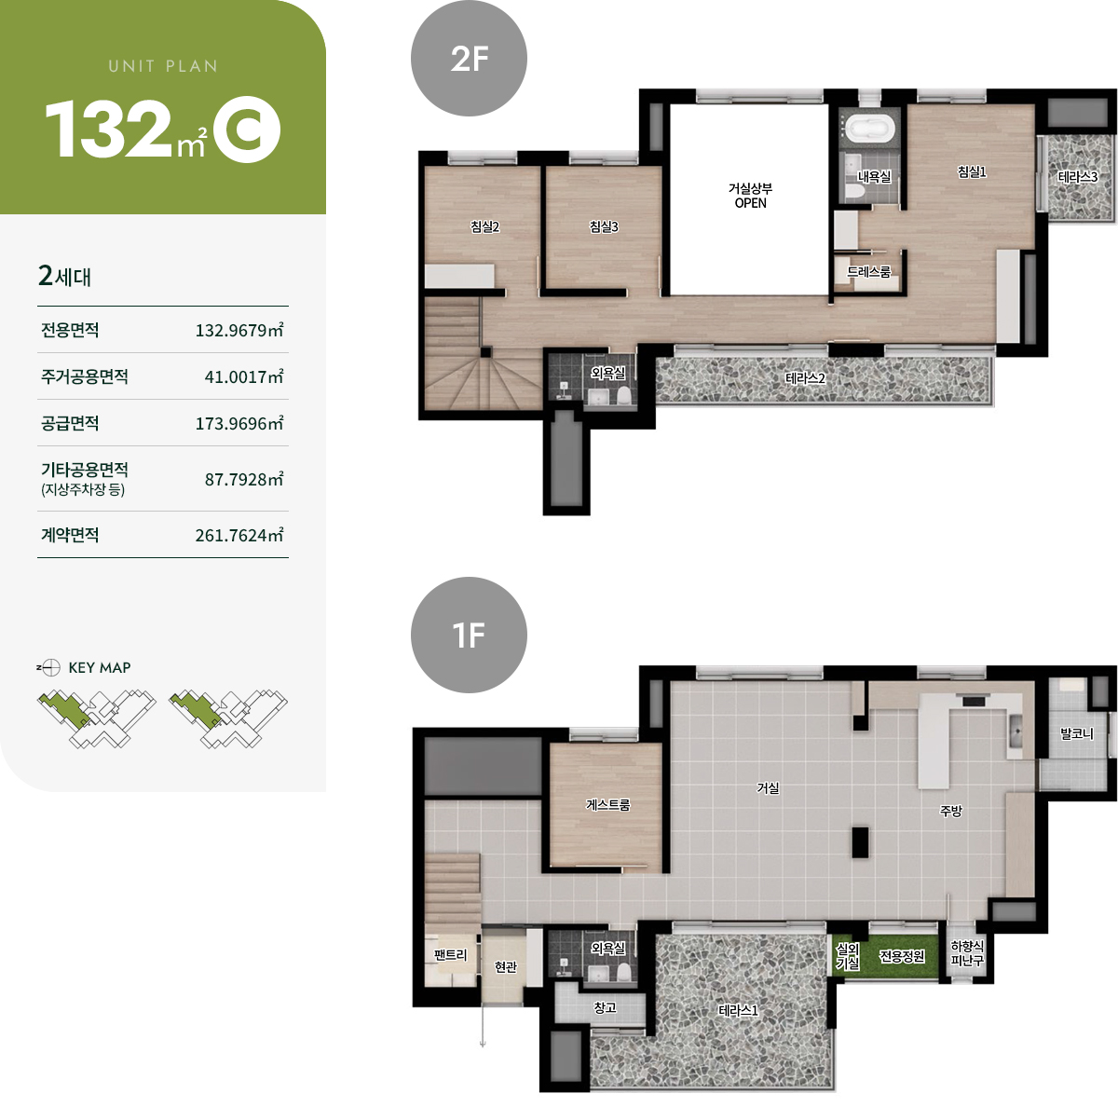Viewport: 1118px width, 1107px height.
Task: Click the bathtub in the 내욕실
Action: (x=870, y=127)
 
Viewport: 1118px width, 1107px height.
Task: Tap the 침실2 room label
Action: (x=484, y=226)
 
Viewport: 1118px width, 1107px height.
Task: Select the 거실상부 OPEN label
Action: (x=750, y=196)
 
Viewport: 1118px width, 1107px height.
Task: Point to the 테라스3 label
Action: (x=1077, y=176)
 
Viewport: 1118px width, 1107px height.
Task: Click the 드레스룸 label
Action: (x=868, y=271)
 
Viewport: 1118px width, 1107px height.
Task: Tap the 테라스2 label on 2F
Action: (x=805, y=378)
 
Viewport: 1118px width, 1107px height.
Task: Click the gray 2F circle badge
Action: (x=469, y=58)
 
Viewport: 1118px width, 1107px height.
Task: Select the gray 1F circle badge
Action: (x=469, y=635)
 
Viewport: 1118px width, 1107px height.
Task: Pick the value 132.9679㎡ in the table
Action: (x=239, y=330)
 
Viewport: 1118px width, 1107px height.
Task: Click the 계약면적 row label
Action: (x=70, y=534)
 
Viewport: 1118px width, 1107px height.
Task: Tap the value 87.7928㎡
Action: (x=244, y=479)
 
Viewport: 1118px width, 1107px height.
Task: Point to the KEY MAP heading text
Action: (x=99, y=667)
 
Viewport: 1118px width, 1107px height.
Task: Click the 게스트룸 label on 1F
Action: (x=607, y=804)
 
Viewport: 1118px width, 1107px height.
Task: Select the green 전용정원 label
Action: (x=902, y=956)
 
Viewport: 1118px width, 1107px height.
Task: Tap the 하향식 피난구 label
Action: (x=967, y=954)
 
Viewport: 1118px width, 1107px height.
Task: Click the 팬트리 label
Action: (x=450, y=954)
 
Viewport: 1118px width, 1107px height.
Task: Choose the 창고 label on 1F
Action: (x=605, y=1007)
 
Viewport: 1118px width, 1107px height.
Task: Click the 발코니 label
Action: (x=1077, y=733)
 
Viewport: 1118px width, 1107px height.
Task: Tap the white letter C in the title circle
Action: (x=248, y=130)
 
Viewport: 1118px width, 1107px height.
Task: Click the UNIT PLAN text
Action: (x=163, y=66)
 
